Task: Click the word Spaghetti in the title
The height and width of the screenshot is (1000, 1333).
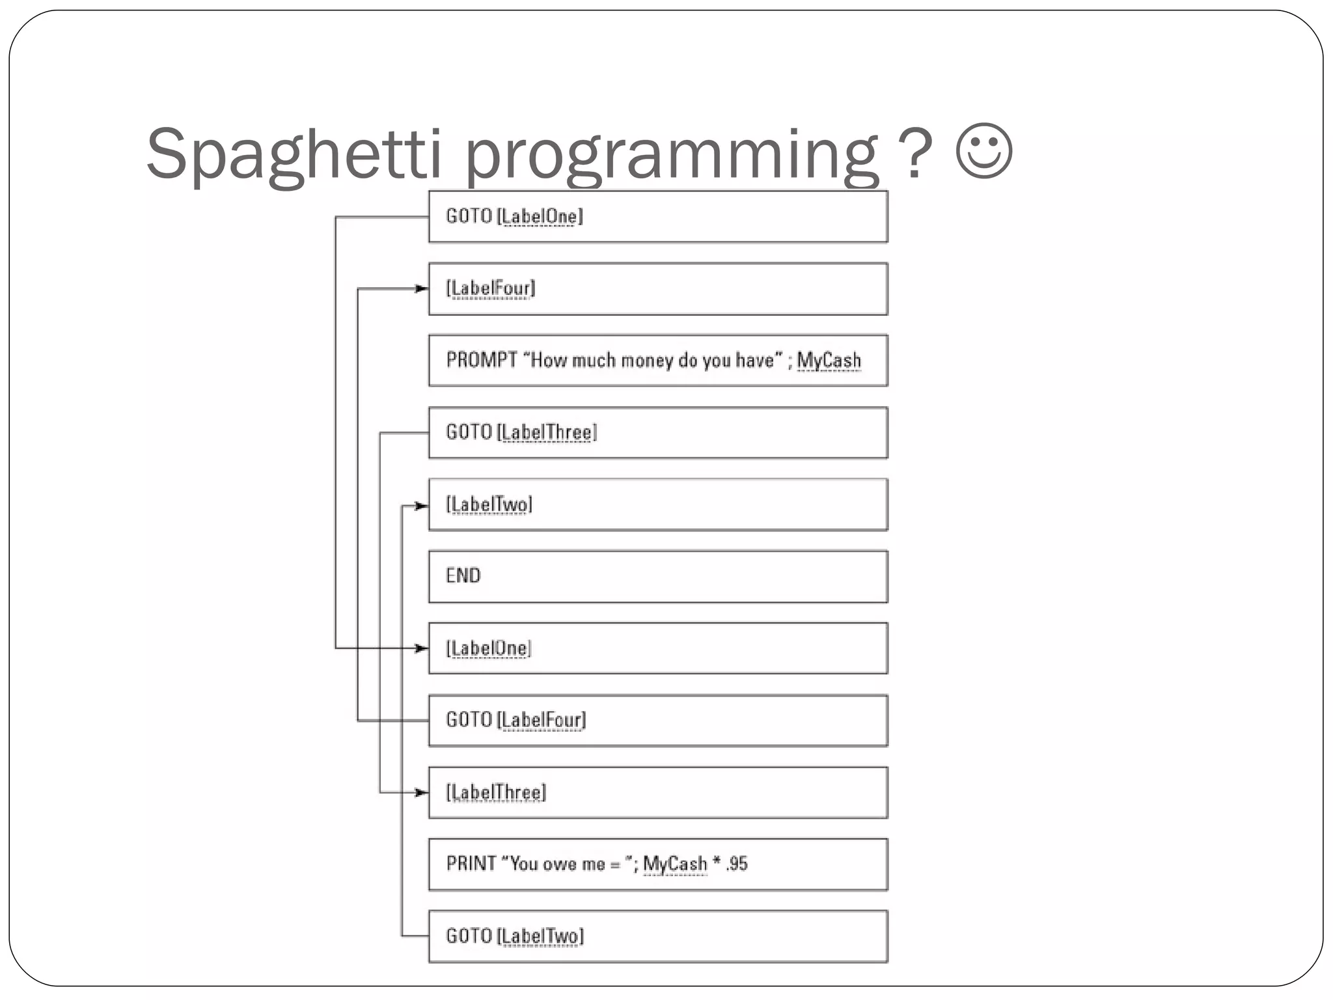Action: coord(294,154)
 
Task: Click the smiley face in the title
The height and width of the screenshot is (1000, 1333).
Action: coord(984,151)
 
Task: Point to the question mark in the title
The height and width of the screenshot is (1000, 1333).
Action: coord(915,154)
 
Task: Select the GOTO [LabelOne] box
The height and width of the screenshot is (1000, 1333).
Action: coord(657,217)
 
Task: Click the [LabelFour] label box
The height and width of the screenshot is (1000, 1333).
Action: coord(657,289)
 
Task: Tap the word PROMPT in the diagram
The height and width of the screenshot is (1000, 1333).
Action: coord(482,360)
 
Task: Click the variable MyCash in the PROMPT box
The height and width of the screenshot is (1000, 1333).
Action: coord(829,360)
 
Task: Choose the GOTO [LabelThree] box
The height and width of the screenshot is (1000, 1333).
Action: coord(657,433)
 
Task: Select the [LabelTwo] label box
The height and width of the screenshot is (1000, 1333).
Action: coord(657,505)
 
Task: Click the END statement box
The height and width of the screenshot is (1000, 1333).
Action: coord(657,577)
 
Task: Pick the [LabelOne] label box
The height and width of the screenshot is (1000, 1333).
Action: coord(657,648)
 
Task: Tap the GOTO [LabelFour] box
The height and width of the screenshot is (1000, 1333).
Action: coord(657,721)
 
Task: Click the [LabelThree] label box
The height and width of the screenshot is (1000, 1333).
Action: coord(657,793)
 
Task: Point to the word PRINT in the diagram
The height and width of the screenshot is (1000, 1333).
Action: coord(471,864)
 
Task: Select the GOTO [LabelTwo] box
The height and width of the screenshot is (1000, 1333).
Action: coord(657,937)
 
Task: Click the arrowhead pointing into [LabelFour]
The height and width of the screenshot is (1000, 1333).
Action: coord(422,288)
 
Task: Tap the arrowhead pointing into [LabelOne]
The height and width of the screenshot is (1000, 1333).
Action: coord(422,648)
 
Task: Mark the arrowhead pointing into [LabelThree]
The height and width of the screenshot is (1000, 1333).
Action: coord(422,792)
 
